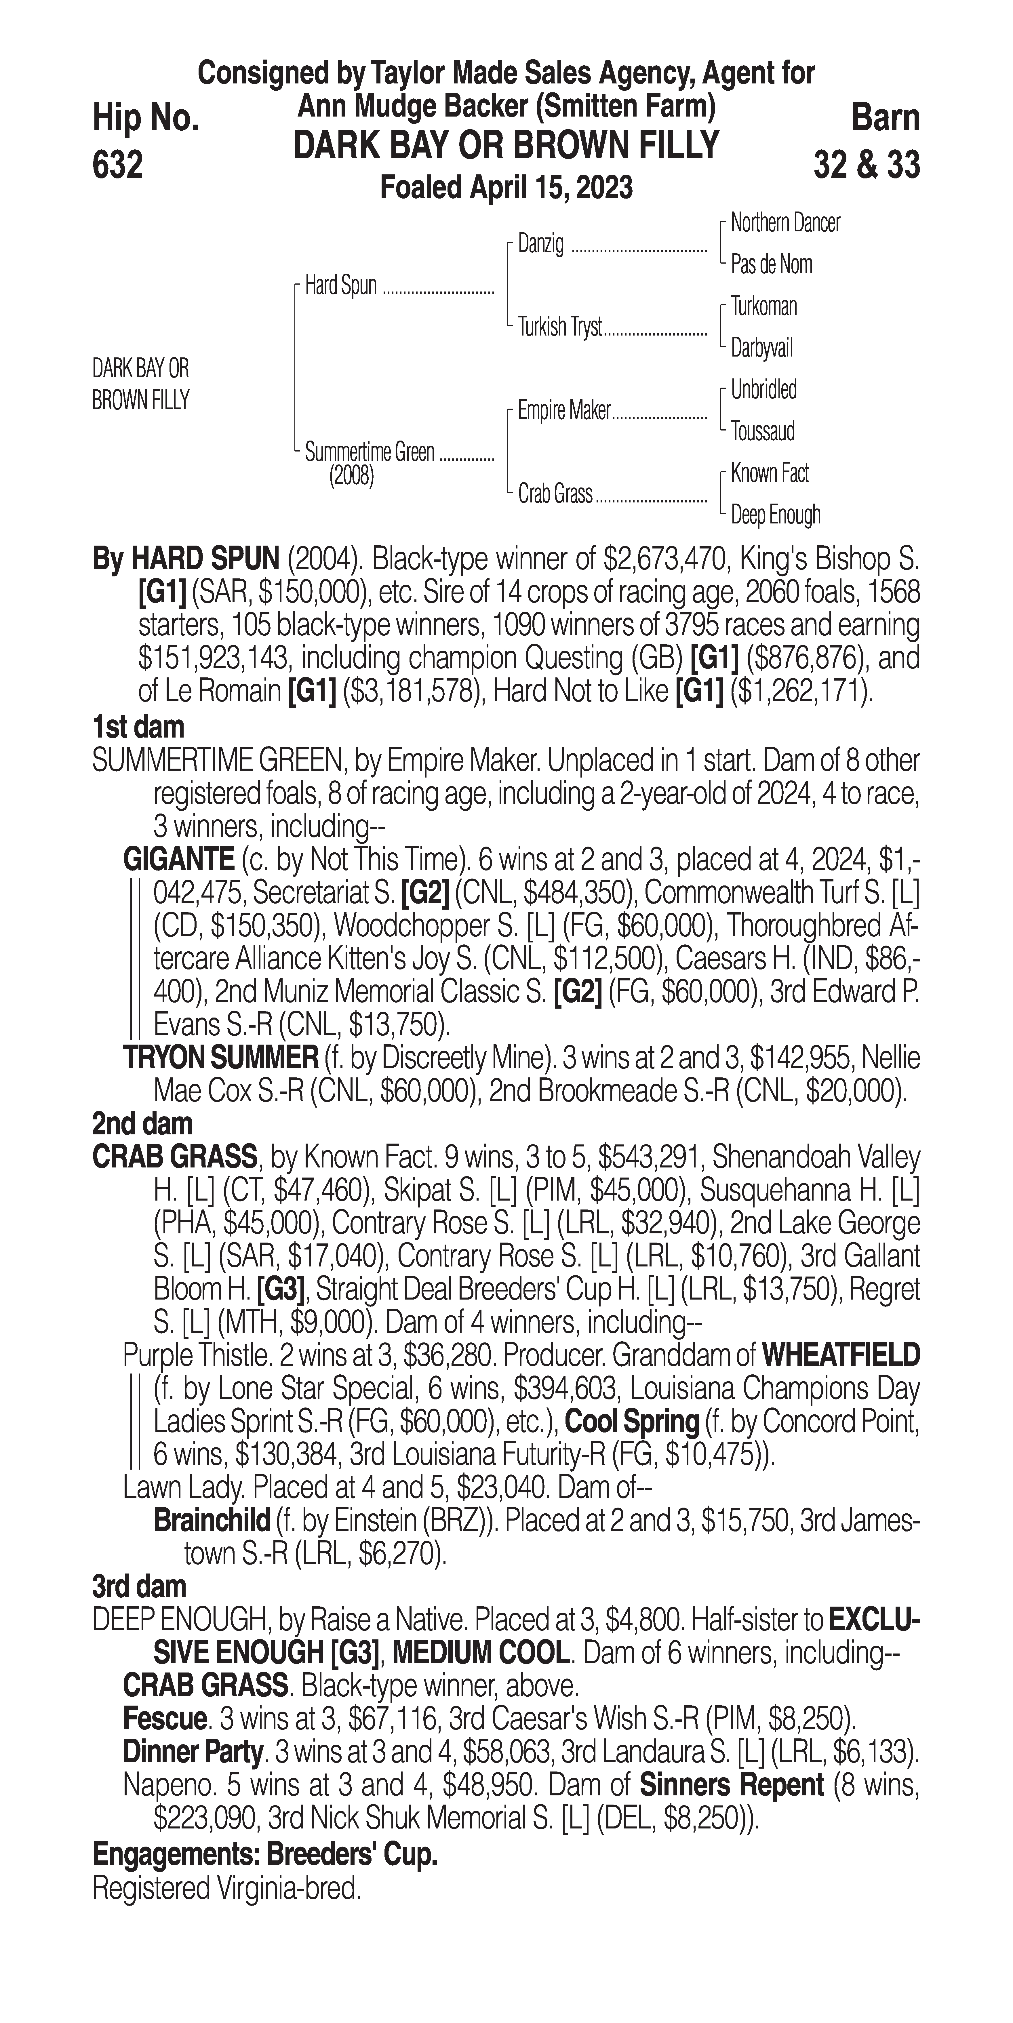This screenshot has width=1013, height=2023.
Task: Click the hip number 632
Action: [x=118, y=165]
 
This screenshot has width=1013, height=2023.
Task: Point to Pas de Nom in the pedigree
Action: [x=771, y=265]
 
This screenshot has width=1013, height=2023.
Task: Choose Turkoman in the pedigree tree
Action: [x=763, y=306]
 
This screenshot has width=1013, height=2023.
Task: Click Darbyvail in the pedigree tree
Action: [x=762, y=348]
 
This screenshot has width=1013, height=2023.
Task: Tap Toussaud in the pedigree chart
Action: [x=763, y=431]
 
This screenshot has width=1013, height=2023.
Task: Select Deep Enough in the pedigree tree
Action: [x=775, y=515]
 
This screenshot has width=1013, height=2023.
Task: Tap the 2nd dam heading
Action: [x=142, y=1125]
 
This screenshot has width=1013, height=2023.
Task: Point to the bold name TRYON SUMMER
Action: [x=220, y=1059]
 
